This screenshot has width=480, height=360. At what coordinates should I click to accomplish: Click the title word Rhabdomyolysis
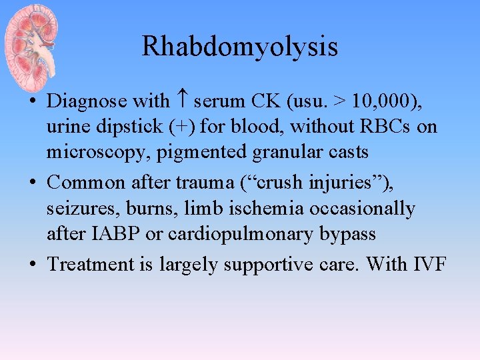coord(240,47)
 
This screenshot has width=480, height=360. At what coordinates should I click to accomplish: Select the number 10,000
coord(378,101)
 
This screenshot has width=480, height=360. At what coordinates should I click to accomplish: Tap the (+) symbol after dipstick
coord(183,127)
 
